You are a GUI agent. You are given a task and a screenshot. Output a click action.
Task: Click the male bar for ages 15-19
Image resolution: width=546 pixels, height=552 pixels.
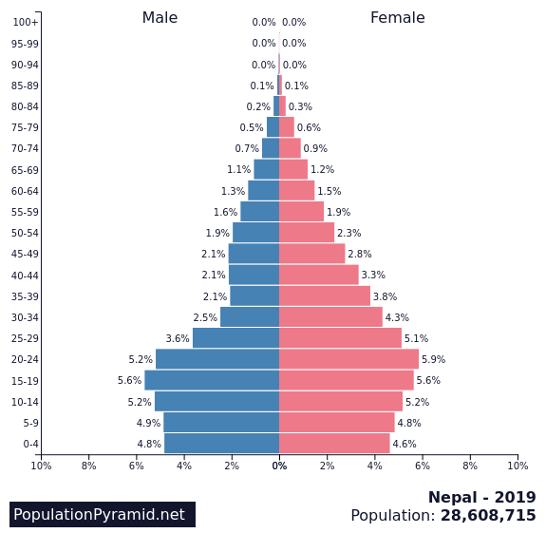(x=212, y=380)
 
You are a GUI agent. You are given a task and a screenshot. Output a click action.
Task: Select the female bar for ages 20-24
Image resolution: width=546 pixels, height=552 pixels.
(x=348, y=359)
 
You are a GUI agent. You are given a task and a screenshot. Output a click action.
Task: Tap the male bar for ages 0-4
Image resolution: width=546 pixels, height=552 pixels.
(x=221, y=444)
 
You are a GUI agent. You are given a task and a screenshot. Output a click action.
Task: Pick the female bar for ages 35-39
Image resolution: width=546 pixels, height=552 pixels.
(x=324, y=296)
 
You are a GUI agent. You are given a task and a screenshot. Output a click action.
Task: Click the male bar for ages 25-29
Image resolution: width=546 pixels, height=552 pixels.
(x=235, y=338)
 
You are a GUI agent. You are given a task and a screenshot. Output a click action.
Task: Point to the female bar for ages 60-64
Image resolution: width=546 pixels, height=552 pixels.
(x=296, y=191)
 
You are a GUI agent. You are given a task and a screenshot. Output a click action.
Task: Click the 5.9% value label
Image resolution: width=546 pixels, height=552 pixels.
(x=433, y=360)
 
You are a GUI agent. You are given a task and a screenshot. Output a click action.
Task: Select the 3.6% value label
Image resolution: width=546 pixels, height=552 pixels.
(x=178, y=339)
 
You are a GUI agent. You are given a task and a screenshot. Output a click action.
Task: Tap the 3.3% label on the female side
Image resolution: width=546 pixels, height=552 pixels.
(x=373, y=276)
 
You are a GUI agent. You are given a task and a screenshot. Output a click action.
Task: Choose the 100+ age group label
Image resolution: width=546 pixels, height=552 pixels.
(x=26, y=23)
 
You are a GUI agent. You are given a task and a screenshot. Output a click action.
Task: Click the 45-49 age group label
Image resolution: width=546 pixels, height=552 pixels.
(x=25, y=255)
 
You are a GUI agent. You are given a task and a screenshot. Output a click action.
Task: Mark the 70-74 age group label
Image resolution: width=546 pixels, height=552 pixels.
(x=25, y=149)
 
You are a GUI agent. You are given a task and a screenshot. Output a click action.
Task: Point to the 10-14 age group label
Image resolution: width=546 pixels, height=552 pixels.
(x=25, y=402)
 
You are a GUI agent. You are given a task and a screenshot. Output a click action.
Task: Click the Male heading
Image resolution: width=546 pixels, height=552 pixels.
(x=160, y=18)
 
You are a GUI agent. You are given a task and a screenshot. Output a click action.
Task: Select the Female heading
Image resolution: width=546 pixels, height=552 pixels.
(x=397, y=18)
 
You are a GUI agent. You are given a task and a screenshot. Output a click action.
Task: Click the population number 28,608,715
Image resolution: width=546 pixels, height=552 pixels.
(x=488, y=516)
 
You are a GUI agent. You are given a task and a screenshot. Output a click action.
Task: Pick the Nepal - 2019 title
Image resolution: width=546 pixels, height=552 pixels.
(x=481, y=498)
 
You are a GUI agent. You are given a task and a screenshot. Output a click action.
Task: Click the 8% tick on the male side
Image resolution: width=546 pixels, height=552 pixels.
(x=89, y=466)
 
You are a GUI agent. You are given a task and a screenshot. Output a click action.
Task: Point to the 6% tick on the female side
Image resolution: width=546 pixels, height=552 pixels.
(x=423, y=466)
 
